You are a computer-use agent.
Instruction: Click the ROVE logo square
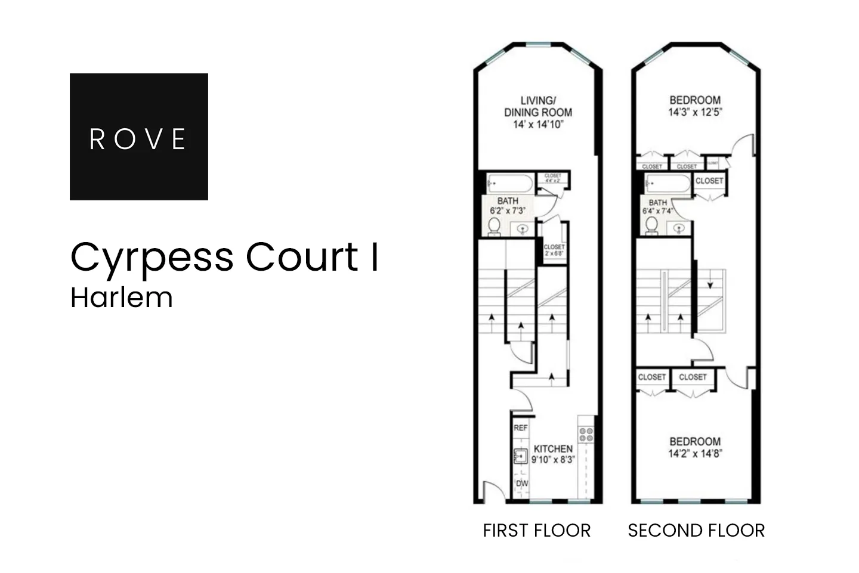138,137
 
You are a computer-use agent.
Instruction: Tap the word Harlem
122,298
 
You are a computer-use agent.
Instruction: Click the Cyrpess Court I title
224,257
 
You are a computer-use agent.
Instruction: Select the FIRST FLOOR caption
536,530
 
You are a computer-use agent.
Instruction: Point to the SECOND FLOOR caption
696,530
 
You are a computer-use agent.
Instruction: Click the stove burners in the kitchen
586,434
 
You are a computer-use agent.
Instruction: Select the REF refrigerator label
520,428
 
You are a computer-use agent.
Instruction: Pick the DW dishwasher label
521,484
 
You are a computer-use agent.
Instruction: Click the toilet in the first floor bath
494,227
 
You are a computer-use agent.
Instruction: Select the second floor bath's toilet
652,225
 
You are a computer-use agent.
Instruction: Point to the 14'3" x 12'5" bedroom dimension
695,111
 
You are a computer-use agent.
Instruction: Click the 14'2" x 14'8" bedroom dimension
695,453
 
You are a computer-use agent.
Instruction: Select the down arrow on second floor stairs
710,285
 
